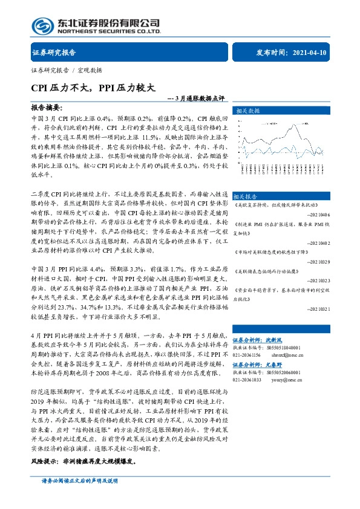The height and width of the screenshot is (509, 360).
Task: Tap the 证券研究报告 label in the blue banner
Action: click(x=54, y=52)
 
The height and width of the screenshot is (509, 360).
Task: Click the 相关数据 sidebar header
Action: click(x=247, y=111)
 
